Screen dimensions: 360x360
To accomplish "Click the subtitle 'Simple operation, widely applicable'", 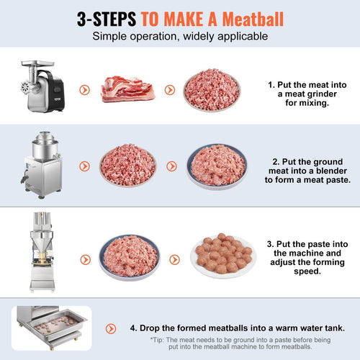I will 180,37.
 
